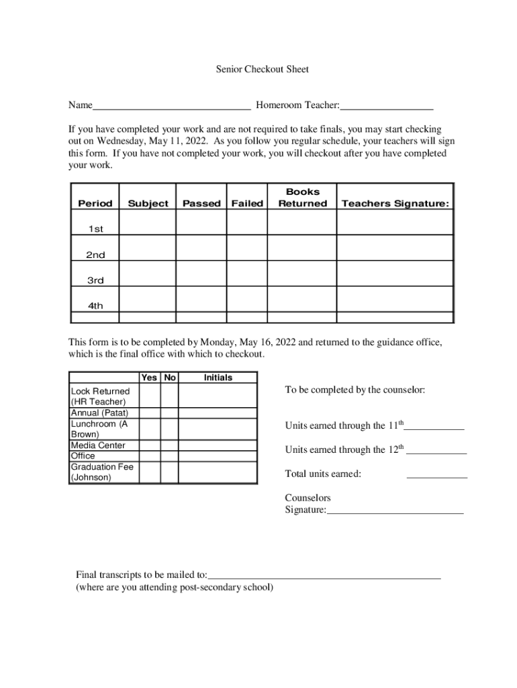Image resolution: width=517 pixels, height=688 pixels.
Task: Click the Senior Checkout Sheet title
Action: pyautogui.click(x=262, y=69)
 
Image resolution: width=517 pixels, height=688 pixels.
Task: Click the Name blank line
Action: pyautogui.click(x=171, y=106)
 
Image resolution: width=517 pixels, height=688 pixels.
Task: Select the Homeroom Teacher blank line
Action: pyautogui.click(x=387, y=106)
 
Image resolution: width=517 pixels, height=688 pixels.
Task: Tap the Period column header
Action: pyautogui.click(x=95, y=204)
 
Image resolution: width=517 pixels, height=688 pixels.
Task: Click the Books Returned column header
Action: pyautogui.click(x=302, y=198)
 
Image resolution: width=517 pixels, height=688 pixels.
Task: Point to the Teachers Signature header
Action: pyautogui.click(x=395, y=204)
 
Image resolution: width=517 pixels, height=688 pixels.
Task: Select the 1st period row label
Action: pyautogui.click(x=95, y=229)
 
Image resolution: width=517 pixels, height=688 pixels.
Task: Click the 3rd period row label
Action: pyautogui.click(x=95, y=280)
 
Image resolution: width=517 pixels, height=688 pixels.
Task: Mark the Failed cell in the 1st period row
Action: pyautogui.click(x=247, y=222)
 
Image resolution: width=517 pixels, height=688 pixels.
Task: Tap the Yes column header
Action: pyautogui.click(x=150, y=378)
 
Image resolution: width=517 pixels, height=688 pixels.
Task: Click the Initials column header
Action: pyautogui.click(x=218, y=378)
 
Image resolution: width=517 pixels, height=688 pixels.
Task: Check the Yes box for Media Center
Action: pyautogui.click(x=150, y=445)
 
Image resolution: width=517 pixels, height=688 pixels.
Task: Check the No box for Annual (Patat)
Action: pyautogui.click(x=169, y=413)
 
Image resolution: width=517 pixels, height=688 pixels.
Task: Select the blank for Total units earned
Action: pyautogui.click(x=436, y=475)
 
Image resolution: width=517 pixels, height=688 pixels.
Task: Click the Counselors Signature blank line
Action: pyautogui.click(x=395, y=511)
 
